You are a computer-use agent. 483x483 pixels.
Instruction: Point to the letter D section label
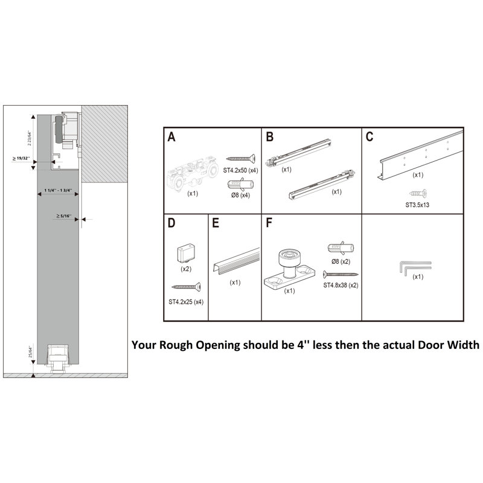pyautogui.click(x=172, y=223)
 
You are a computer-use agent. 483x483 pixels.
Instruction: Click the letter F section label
pyautogui.click(x=269, y=223)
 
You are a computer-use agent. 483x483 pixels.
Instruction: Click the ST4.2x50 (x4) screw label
pyautogui.click(x=241, y=170)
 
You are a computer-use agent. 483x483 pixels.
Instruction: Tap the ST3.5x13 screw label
pyautogui.click(x=417, y=203)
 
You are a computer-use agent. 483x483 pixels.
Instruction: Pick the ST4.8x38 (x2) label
pyautogui.click(x=341, y=285)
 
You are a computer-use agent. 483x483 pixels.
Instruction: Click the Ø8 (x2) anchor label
pyautogui.click(x=341, y=261)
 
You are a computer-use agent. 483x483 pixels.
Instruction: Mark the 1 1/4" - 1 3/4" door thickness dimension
pyautogui.click(x=58, y=191)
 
